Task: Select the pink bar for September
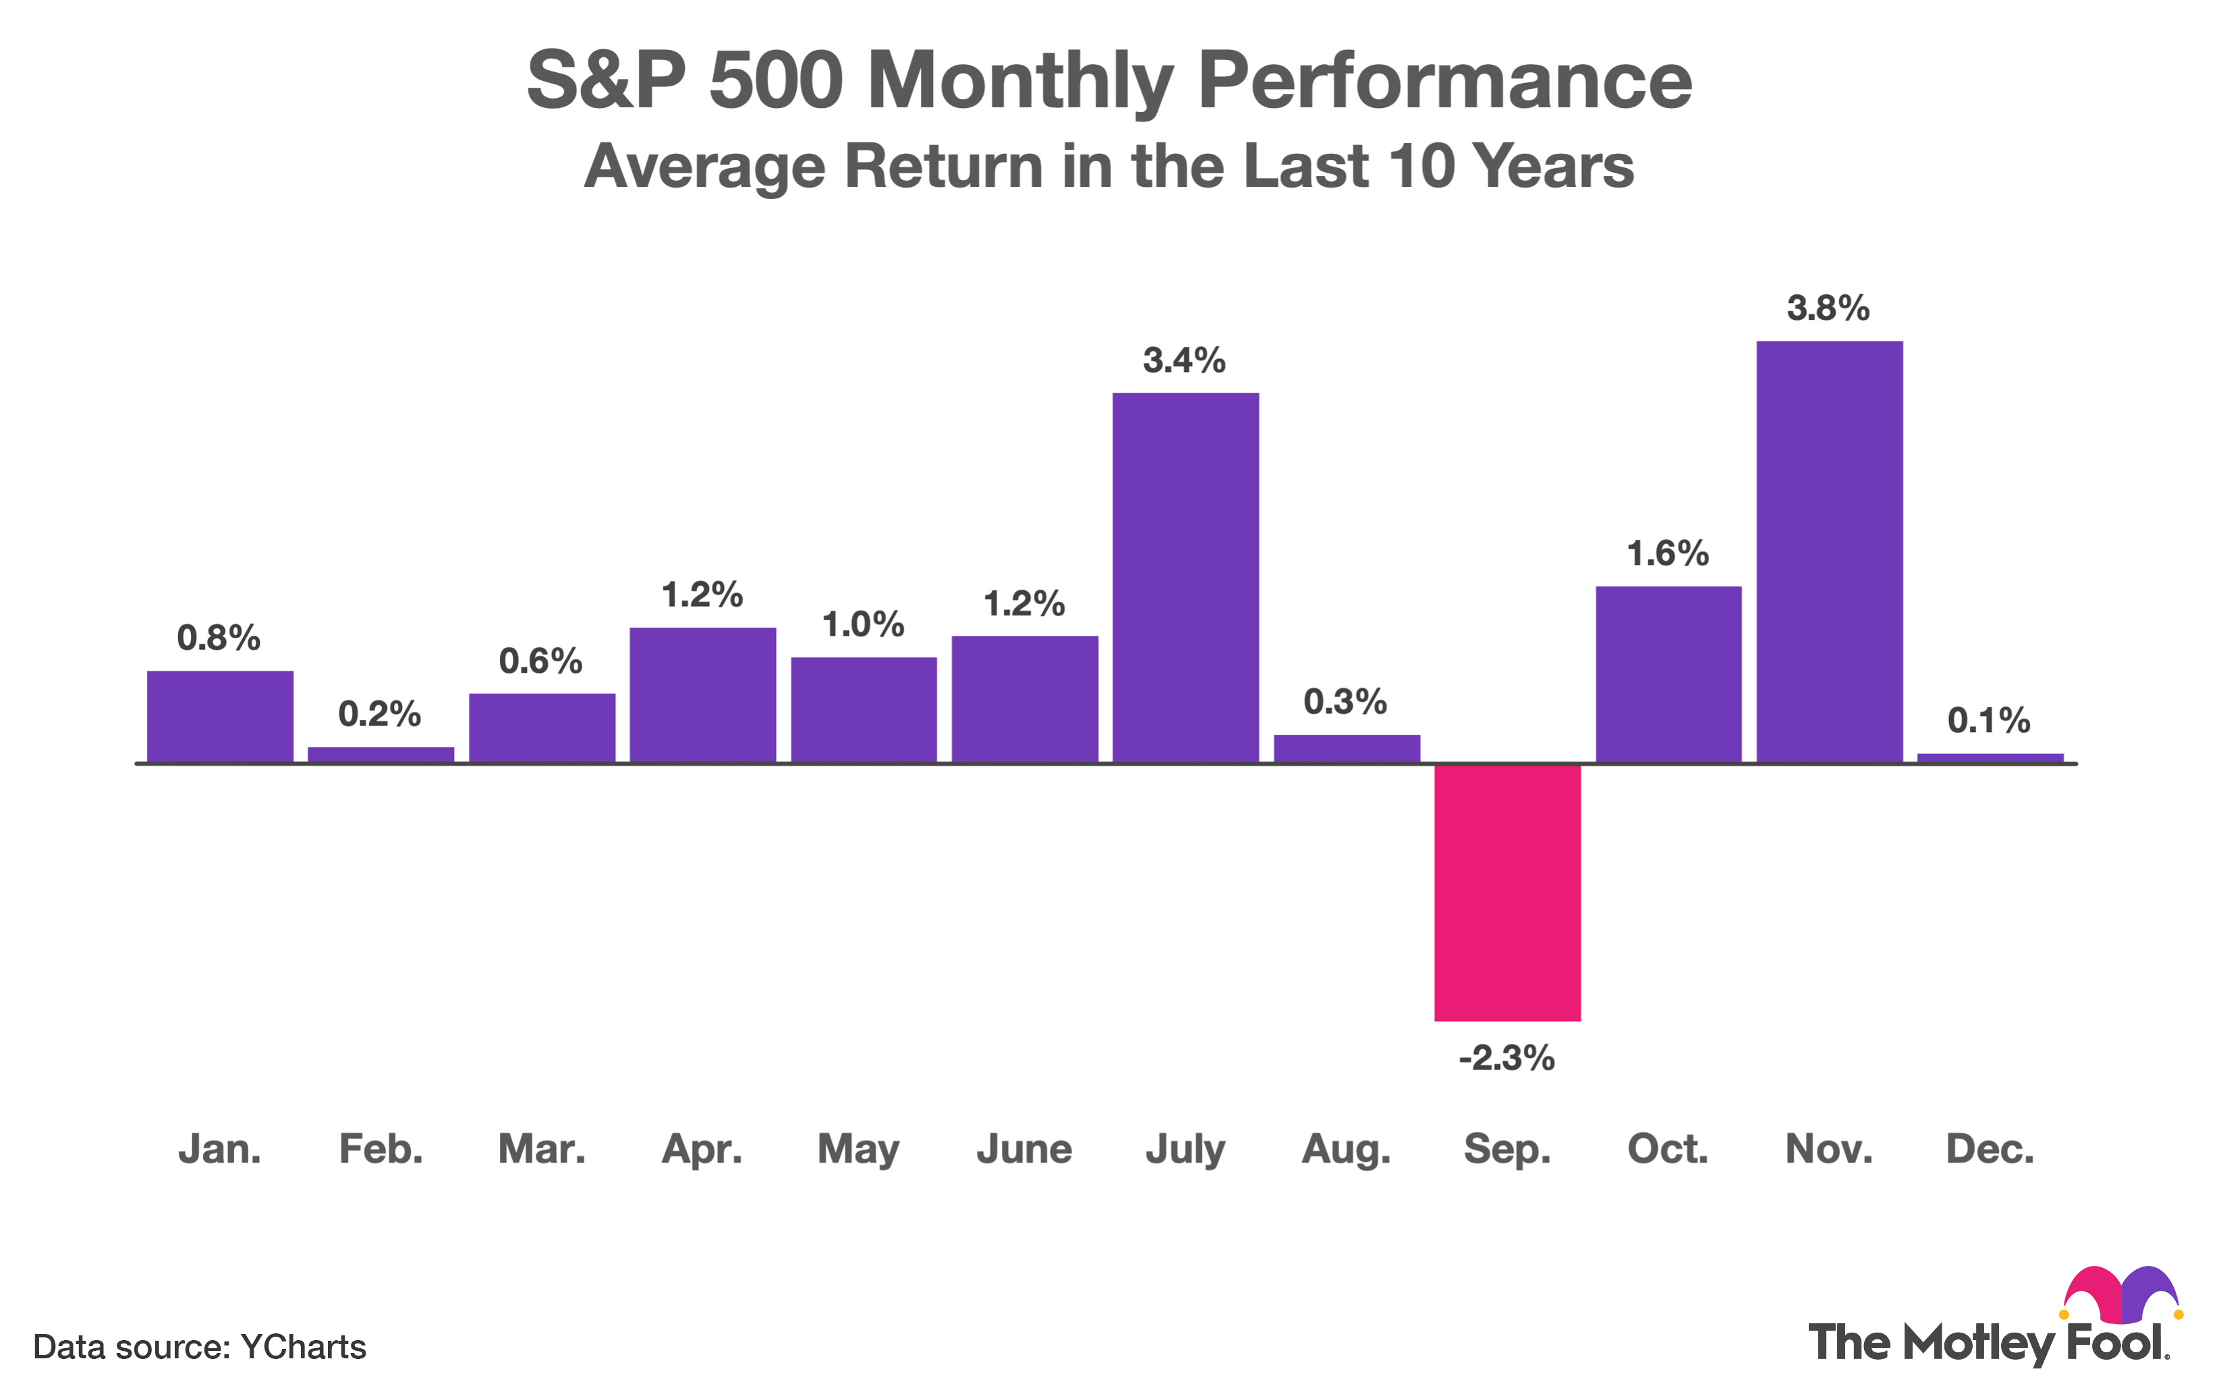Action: coord(1507,891)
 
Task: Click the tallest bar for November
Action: coord(1829,551)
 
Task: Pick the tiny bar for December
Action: coord(1990,757)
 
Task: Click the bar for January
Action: coord(221,716)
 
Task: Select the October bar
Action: coord(1668,674)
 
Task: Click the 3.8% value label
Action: coord(1828,308)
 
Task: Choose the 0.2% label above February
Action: coord(379,713)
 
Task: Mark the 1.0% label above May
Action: coord(863,625)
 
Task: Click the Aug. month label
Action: coord(1345,1149)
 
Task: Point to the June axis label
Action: coord(1023,1149)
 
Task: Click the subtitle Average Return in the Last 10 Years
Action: coord(1108,166)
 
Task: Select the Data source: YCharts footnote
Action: coord(199,1347)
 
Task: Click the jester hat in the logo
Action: coord(2122,1294)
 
